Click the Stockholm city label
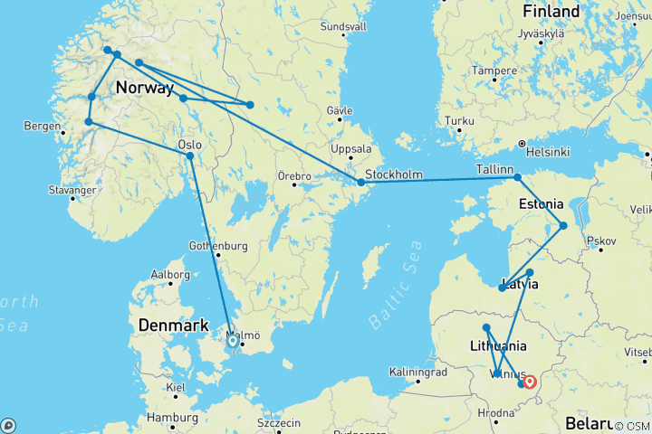pos(395,174)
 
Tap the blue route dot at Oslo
pos(190,156)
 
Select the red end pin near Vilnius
pos(530,382)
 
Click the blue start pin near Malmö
pos(233,341)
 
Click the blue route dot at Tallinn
pos(518,177)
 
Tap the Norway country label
pos(145,89)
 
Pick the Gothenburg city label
pos(218,245)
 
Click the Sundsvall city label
pos(343,26)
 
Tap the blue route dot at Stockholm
pos(361,183)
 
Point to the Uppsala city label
pos(353,149)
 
